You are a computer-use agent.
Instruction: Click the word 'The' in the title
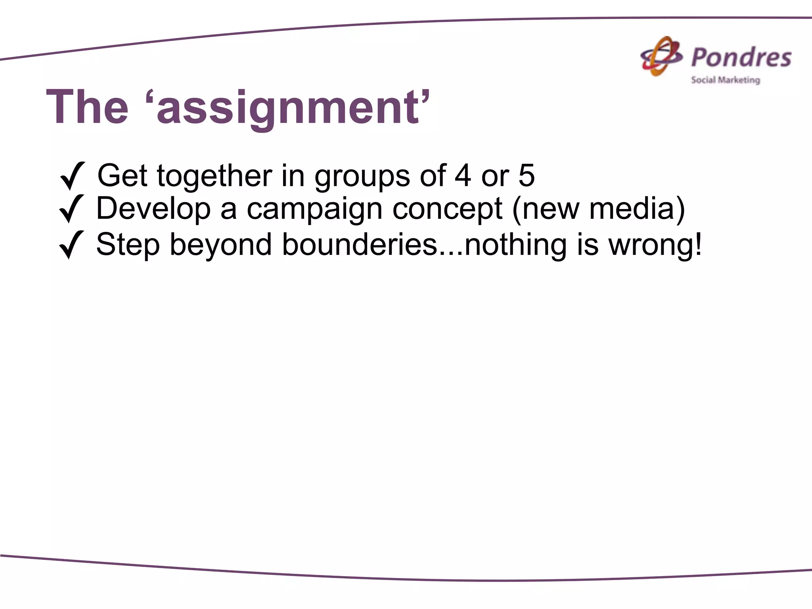click(87, 107)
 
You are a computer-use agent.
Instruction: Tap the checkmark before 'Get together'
click(72, 175)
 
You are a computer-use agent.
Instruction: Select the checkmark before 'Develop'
click(71, 209)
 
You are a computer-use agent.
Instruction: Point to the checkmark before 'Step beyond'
click(71, 245)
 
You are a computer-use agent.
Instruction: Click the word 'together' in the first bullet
click(214, 176)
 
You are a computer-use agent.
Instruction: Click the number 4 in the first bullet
click(463, 175)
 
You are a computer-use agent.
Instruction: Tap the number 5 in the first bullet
click(526, 175)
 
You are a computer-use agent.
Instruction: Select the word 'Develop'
click(153, 209)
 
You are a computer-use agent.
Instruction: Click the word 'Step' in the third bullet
click(128, 245)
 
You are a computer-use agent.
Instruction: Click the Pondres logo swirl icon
click(661, 57)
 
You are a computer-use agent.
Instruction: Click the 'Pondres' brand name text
click(741, 58)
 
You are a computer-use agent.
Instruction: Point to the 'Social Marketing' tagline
click(726, 80)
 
